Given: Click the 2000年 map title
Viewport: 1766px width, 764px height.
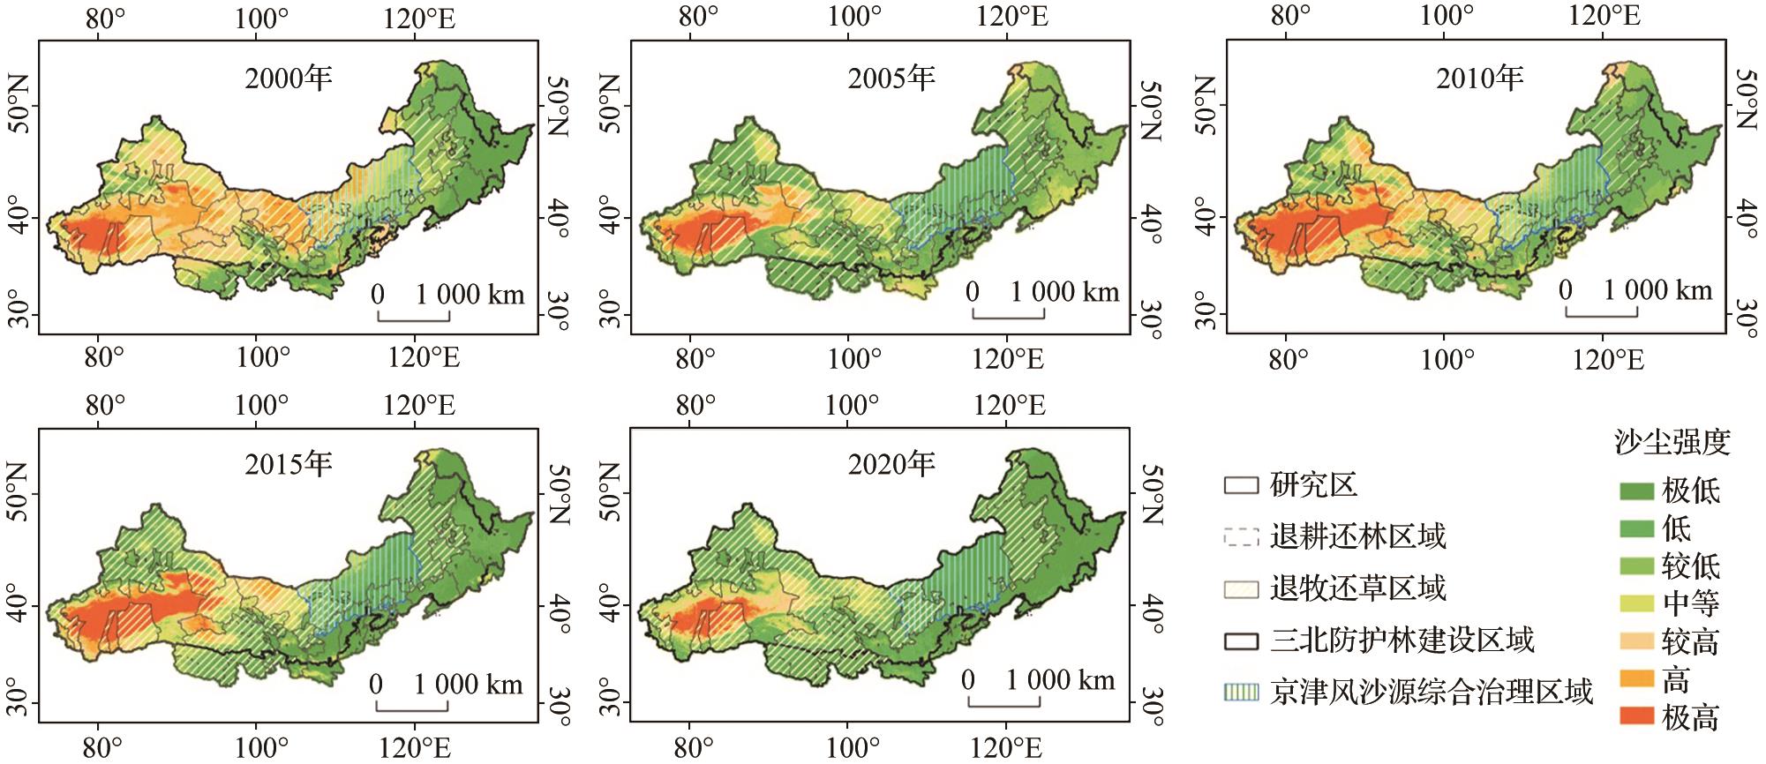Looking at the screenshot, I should point(289,79).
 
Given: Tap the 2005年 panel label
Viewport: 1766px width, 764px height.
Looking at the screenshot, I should point(891,79).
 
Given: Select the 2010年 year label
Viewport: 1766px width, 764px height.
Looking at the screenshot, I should point(1480,79).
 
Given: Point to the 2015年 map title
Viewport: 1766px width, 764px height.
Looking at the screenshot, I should point(289,464).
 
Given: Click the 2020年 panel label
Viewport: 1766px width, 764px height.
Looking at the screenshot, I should point(891,464).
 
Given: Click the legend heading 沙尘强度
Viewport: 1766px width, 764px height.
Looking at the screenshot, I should point(1672,442).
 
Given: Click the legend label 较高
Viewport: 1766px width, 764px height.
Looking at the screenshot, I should point(1690,641).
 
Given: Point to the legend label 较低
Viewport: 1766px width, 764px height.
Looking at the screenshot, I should point(1690,566).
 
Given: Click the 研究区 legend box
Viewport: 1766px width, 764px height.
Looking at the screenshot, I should point(1241,484).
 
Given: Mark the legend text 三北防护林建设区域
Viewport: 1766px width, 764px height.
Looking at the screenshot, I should point(1402,640).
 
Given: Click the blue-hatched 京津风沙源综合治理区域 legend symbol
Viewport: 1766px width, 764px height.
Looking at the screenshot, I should point(1241,691).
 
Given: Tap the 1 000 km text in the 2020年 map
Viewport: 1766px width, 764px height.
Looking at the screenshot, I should point(1060,680).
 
